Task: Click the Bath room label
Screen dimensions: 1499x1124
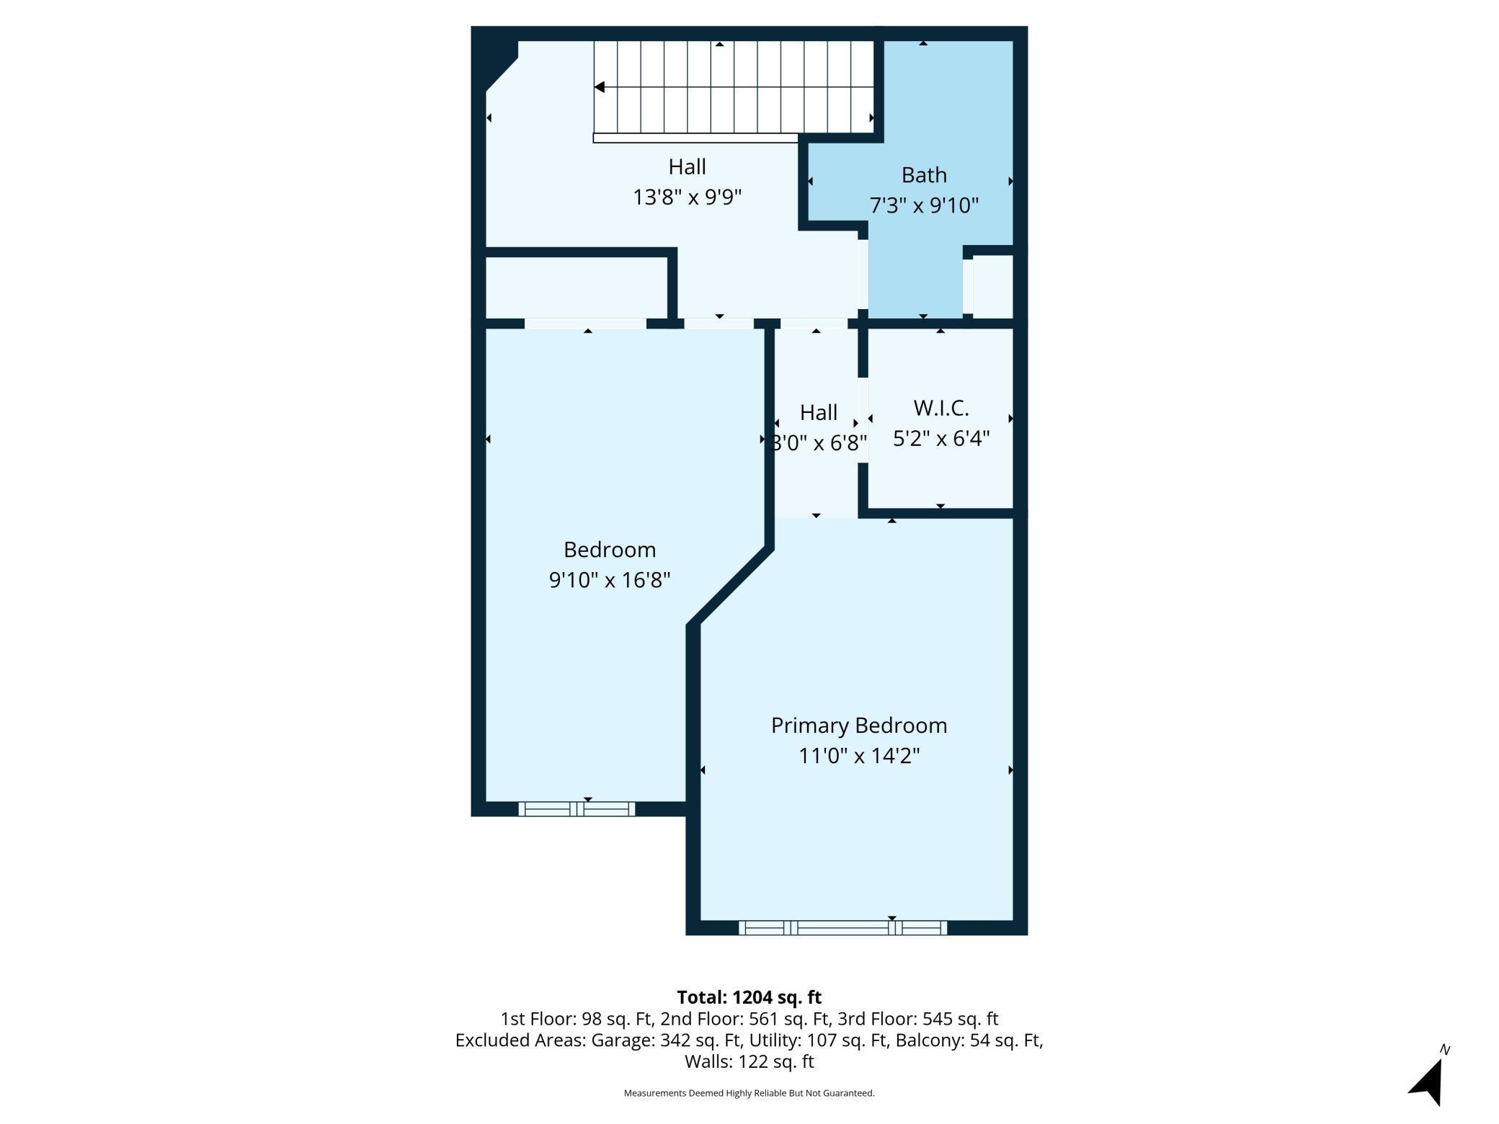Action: [924, 175]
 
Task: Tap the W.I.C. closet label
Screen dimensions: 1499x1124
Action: [941, 409]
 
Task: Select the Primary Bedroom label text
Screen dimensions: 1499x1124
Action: [859, 726]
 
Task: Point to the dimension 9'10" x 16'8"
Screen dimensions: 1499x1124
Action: [610, 580]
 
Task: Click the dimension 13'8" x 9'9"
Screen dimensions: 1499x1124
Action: [687, 197]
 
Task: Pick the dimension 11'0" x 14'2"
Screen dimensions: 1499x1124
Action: [859, 756]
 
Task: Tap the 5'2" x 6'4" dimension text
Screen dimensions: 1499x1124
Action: [941, 438]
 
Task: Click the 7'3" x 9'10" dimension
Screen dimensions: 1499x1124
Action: [924, 205]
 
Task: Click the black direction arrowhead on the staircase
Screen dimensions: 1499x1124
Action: [599, 87]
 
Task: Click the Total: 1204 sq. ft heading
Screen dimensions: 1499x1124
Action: [749, 997]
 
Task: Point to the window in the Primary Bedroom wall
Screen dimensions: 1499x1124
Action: [842, 928]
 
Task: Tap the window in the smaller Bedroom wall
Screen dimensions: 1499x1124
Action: [577, 808]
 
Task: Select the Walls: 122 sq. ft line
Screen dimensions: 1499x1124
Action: [749, 1061]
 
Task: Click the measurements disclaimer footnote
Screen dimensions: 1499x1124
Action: [749, 1093]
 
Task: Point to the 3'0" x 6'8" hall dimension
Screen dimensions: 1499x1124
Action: [819, 442]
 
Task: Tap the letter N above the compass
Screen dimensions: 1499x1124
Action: [1445, 1050]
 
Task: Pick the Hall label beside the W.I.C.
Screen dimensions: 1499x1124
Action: [819, 413]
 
